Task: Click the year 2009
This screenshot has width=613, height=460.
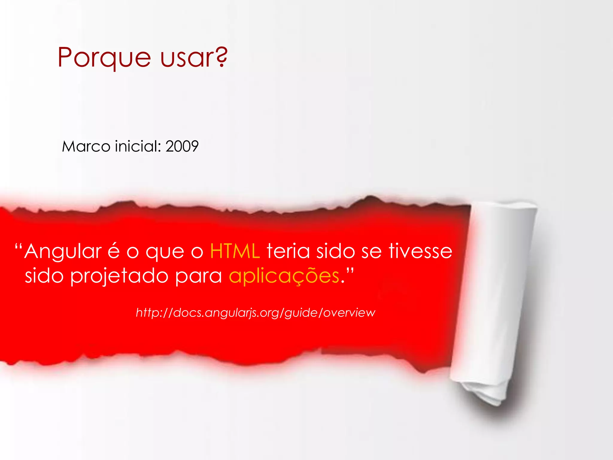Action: tap(182, 146)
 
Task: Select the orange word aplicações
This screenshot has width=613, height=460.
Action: tap(284, 276)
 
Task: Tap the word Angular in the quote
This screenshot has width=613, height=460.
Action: tap(63, 252)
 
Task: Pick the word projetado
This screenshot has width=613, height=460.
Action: tap(119, 276)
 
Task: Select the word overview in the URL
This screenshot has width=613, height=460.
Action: tap(349, 313)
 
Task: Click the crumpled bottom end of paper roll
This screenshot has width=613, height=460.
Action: tap(485, 392)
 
